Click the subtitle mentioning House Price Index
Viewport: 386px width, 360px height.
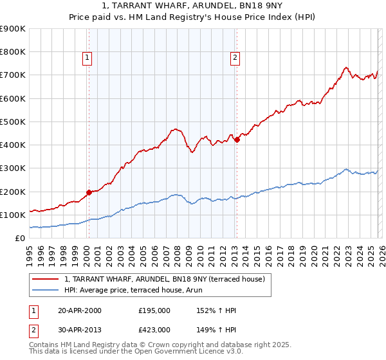(x=192, y=18)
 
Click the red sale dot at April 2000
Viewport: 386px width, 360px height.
(x=89, y=192)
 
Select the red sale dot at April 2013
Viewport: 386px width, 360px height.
(x=237, y=139)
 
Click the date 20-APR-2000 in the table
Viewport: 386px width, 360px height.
(x=80, y=310)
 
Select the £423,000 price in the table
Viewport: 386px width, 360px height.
(x=154, y=330)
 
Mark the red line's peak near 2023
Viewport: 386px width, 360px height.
(x=346, y=67)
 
